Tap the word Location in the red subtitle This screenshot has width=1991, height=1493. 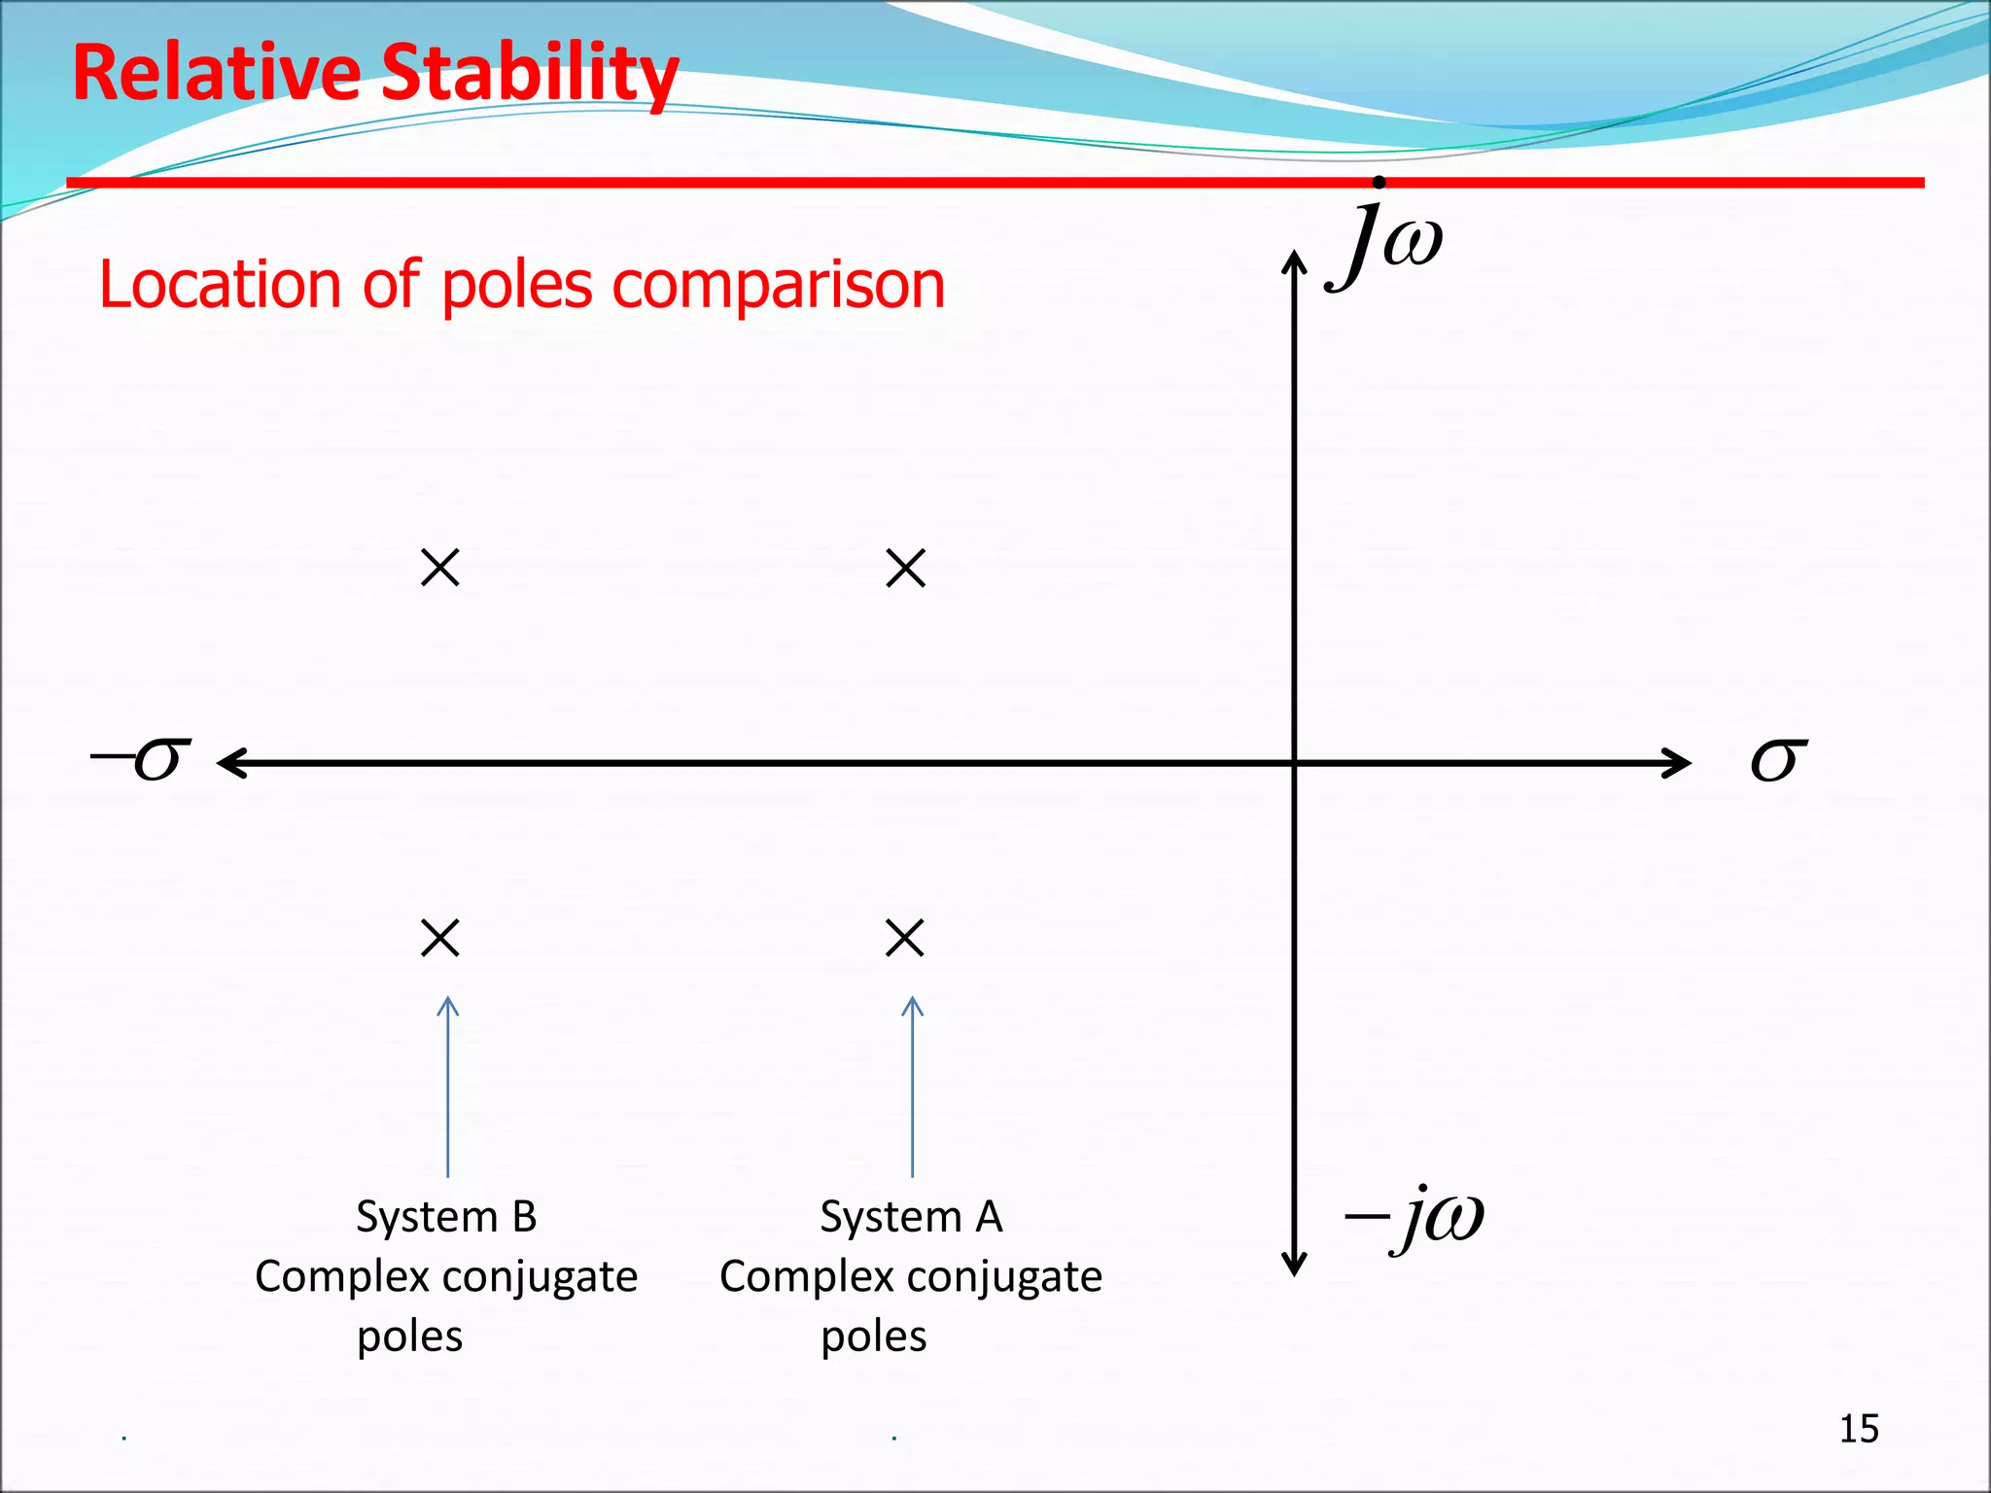point(220,284)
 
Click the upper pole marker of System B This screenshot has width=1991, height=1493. point(440,568)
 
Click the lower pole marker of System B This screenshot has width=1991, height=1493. point(440,938)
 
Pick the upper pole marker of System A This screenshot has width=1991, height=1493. point(906,568)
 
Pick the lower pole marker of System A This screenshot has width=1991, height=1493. point(905,938)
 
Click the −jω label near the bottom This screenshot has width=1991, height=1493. point(1415,1218)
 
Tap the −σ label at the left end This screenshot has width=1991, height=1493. point(142,759)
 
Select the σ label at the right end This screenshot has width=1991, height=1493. point(1778,759)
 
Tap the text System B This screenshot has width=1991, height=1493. point(446,1217)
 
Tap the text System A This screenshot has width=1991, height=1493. point(911,1217)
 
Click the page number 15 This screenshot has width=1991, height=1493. point(1859,1429)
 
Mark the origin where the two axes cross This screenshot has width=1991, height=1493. point(1294,763)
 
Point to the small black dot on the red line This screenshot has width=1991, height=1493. point(1379,182)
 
